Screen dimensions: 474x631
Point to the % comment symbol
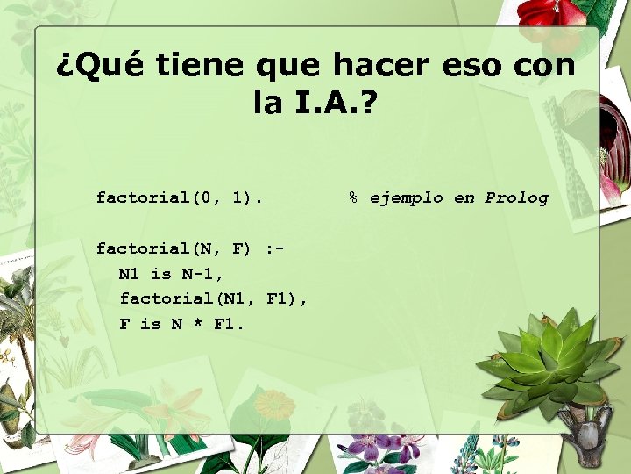coord(353,197)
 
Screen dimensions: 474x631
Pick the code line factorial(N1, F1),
coord(213,299)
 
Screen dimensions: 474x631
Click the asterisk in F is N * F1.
coord(197,325)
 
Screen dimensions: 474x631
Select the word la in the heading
coord(267,104)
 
